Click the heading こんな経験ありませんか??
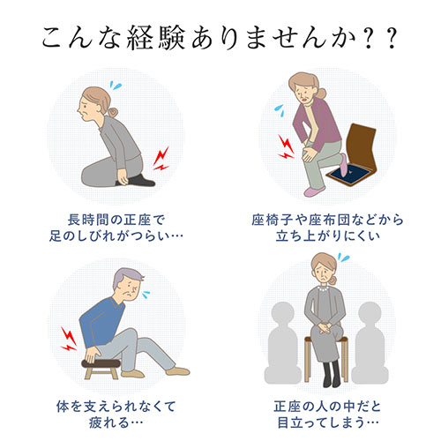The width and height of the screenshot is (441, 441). (x=220, y=41)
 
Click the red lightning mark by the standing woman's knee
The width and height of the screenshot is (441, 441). (x=287, y=146)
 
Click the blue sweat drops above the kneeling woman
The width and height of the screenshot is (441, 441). (x=113, y=86)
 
